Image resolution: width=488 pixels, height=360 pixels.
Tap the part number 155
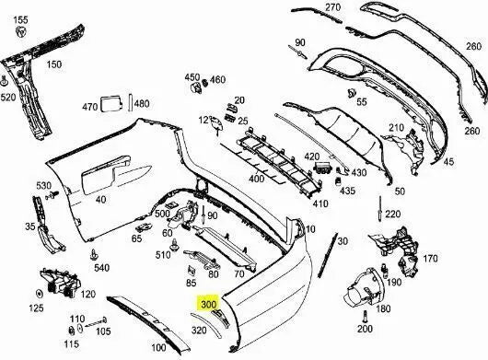click(21, 19)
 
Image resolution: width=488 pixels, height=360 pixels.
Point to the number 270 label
click(332, 7)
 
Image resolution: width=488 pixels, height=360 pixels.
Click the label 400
click(256, 178)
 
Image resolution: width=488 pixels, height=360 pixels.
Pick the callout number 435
click(347, 191)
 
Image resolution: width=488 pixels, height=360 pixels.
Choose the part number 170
click(430, 259)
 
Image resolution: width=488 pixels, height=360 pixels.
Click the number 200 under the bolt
click(365, 328)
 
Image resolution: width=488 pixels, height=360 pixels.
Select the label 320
click(199, 329)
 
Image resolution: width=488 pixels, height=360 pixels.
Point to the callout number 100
click(158, 347)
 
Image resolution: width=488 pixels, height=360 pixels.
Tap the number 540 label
click(101, 268)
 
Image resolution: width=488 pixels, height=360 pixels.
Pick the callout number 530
click(43, 186)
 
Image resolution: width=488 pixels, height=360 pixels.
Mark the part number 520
click(8, 97)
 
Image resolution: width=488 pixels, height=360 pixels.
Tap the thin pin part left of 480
click(130, 103)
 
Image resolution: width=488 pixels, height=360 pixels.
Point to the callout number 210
click(397, 127)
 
